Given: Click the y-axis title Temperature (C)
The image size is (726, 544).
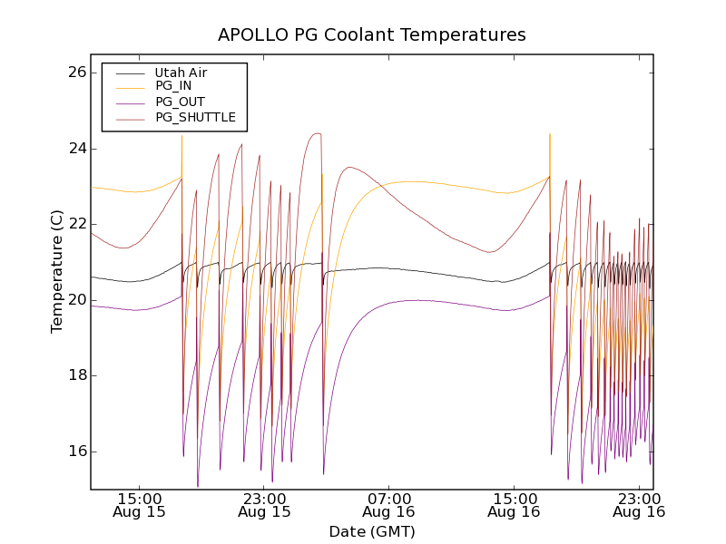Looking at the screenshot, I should point(57,271).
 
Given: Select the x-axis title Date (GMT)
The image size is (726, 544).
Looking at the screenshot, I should point(372,531).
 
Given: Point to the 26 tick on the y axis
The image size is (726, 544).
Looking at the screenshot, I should point(75,73).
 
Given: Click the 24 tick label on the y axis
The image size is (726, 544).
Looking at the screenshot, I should point(75,149).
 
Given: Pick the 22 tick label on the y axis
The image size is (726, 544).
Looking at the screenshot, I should point(75,224).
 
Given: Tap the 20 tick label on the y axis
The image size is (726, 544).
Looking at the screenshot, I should point(75,300).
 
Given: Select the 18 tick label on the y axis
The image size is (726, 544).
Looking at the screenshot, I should point(75,375).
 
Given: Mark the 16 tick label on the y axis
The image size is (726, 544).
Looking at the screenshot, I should point(75,452).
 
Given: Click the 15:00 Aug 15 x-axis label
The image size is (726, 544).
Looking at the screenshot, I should point(140,505).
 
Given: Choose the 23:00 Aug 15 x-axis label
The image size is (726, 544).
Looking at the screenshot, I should point(265,505).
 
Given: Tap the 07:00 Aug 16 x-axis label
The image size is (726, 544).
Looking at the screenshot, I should point(389,505).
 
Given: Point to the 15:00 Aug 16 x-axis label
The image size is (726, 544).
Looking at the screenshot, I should point(515,505).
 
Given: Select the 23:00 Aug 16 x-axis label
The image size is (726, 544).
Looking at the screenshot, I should point(640,505).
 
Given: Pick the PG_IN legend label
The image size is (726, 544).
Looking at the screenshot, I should point(173,86).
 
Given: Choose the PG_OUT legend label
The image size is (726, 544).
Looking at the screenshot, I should point(180,102).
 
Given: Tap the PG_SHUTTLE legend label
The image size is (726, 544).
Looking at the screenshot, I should point(195,117).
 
